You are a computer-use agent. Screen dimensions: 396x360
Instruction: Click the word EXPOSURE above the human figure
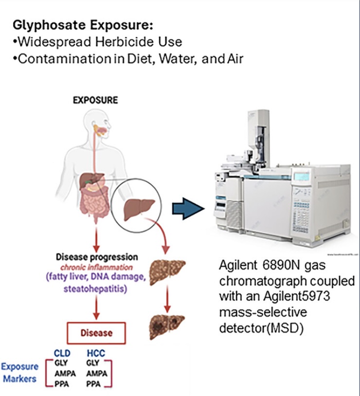[95, 100]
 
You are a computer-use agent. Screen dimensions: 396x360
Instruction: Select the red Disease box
[96, 333]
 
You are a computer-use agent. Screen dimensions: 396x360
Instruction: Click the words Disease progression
[97, 257]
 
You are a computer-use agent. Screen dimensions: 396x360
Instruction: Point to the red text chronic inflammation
[97, 267]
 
